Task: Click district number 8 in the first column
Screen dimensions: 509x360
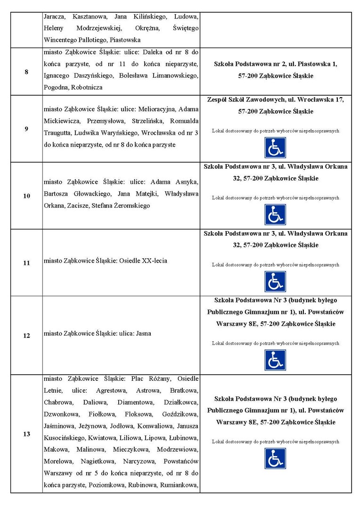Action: pos(26,72)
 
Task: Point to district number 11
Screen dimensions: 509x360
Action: pos(26,263)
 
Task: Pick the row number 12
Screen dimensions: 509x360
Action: pos(26,336)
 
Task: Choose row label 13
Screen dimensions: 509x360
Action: pos(26,434)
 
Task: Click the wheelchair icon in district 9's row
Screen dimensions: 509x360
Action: pos(275,148)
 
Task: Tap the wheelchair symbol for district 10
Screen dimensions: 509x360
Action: pos(275,214)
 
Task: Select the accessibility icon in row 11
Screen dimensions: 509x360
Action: pos(275,281)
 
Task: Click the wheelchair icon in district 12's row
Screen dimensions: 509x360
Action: pos(275,360)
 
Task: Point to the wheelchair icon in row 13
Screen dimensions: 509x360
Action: pos(275,459)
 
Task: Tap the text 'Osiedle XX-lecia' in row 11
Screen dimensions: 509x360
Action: pos(142,261)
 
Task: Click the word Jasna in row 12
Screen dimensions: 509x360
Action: pos(143,333)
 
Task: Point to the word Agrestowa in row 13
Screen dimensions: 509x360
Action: pos(111,391)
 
